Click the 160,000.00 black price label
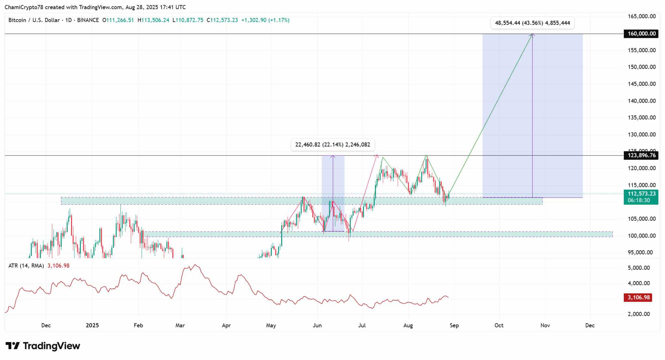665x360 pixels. click(x=641, y=34)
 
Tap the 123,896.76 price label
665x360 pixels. click(x=641, y=155)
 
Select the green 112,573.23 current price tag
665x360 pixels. click(x=641, y=194)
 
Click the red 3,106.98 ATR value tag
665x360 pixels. click(x=638, y=297)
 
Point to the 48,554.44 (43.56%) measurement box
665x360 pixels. click(x=532, y=23)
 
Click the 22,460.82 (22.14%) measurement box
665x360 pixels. click(x=332, y=145)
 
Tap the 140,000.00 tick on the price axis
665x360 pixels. click(x=641, y=101)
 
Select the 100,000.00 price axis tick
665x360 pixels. click(x=641, y=236)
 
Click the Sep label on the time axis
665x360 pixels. click(x=454, y=325)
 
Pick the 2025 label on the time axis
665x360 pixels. click(x=92, y=325)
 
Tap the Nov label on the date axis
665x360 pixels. click(x=545, y=325)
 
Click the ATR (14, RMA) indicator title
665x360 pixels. click(x=26, y=266)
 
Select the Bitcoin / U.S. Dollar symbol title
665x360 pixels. click(x=34, y=20)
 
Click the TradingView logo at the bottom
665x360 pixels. click(x=43, y=346)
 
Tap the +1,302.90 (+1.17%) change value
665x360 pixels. click(x=265, y=20)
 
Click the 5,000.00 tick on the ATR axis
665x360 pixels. click(x=638, y=268)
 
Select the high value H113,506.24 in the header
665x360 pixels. click(x=153, y=20)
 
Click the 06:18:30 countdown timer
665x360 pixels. click(x=639, y=200)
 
